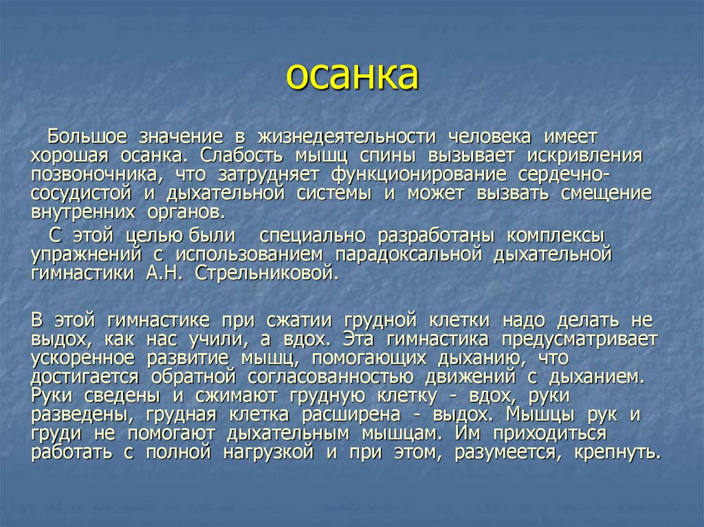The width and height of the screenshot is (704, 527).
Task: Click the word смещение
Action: [606, 194]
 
